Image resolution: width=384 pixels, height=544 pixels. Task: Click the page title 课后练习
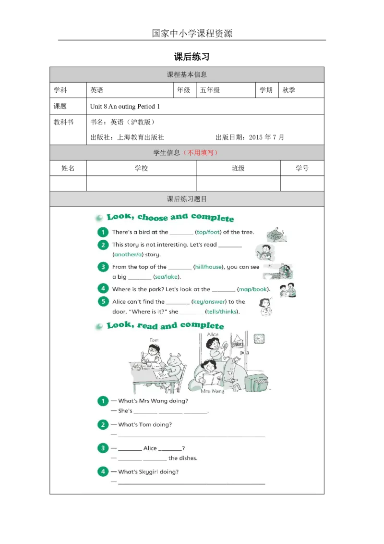point(192,57)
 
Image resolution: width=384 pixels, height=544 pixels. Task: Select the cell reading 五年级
point(226,90)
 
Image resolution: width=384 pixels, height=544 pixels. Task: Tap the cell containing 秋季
point(301,90)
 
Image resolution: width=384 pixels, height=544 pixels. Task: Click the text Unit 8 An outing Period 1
point(125,107)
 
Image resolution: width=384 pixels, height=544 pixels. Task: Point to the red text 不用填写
point(201,153)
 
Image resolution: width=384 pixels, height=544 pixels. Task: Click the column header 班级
point(238,168)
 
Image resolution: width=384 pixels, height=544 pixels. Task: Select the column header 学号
point(302,168)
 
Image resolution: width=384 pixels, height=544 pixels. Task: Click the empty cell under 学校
point(141,183)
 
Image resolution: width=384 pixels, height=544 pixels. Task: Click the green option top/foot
point(208,232)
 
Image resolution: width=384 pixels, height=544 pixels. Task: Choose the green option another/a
point(128,254)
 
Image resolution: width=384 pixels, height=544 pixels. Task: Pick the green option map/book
point(253,289)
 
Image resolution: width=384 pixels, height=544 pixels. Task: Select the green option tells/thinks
point(222,311)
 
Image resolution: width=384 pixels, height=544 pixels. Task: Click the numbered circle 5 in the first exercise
point(103,301)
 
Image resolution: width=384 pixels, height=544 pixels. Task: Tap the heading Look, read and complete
point(165,325)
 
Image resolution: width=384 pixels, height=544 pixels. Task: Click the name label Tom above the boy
point(154,340)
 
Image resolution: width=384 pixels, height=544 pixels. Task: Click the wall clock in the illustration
point(259,339)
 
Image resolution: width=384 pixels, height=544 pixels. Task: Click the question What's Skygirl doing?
point(148,472)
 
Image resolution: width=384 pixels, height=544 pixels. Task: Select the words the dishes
point(183,458)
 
